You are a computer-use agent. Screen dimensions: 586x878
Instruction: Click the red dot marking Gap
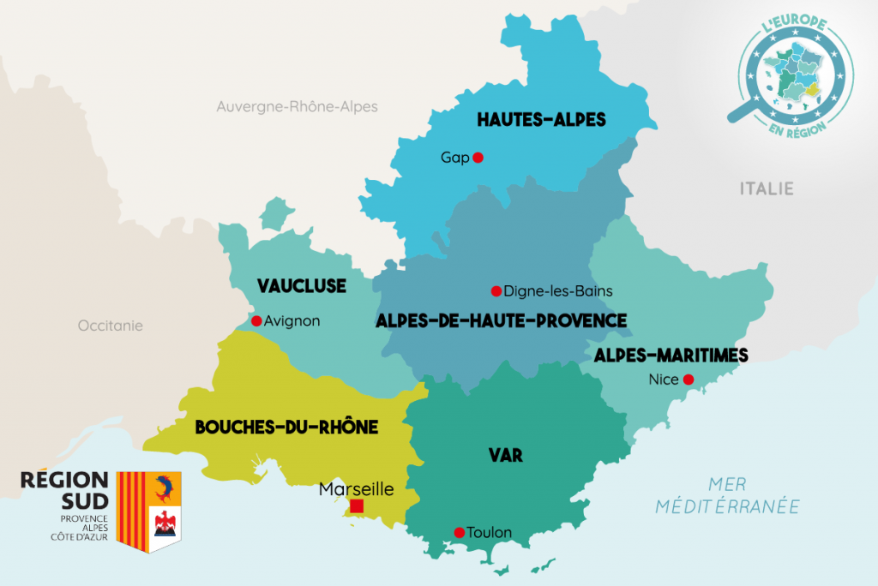[478, 158]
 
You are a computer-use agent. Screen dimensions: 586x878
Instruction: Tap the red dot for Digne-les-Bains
[496, 290]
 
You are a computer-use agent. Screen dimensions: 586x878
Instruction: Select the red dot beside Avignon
[256, 321]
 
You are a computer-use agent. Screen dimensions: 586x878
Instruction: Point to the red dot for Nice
[688, 380]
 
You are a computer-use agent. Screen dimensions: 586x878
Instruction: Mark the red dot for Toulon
[459, 532]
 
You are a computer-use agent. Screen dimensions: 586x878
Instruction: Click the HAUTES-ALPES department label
[541, 120]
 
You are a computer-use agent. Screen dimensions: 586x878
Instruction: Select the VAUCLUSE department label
[302, 285]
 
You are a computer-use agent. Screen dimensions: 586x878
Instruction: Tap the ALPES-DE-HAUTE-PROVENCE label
[501, 320]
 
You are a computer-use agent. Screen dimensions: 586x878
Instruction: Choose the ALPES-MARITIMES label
[671, 355]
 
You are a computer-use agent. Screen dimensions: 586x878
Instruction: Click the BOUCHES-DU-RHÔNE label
[286, 427]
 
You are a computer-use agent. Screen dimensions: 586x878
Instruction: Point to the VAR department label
[506, 455]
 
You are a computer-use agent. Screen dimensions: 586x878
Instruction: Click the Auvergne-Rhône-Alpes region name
[297, 107]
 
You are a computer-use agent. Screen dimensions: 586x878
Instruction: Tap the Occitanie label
[111, 326]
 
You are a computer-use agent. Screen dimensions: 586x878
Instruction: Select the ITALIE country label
[767, 188]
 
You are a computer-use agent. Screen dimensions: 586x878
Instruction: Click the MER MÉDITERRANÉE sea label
[727, 495]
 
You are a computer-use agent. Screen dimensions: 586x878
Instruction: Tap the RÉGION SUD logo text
[64, 488]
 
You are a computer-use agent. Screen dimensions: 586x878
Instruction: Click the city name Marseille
[356, 489]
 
